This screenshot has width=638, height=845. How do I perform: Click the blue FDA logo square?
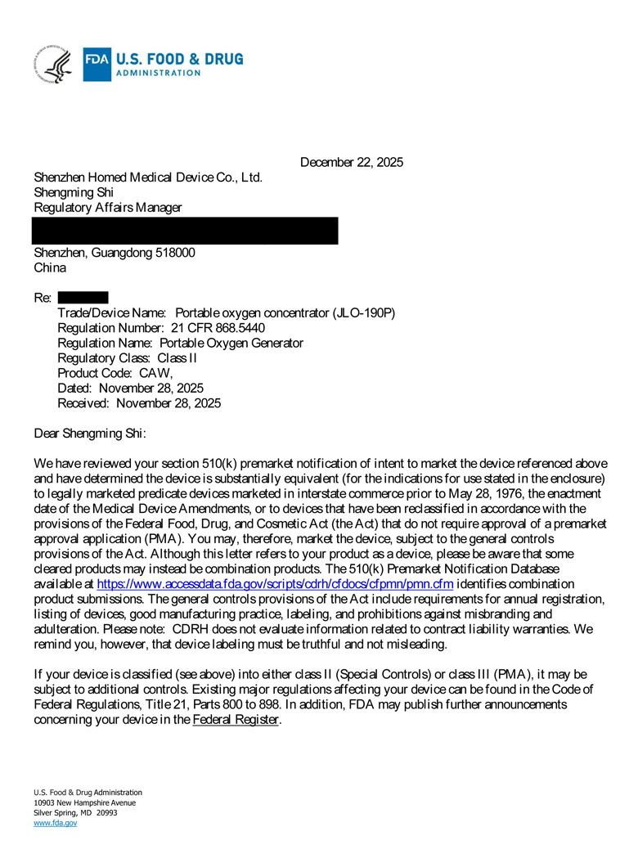96,65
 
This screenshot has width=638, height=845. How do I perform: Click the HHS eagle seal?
53,65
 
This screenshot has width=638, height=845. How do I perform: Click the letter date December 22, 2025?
351,163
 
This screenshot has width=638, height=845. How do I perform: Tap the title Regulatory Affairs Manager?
107,208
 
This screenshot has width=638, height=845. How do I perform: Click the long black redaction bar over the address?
185,231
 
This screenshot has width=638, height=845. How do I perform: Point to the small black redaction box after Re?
83,298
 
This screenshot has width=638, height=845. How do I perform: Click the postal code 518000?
174,253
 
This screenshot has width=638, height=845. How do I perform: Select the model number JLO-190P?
364,313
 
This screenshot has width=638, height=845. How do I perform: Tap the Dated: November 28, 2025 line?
130,388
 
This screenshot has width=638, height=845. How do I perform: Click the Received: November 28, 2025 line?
138,403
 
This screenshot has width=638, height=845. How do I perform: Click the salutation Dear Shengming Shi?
90,434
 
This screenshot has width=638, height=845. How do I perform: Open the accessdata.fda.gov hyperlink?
275,584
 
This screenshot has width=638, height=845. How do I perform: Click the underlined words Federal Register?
236,720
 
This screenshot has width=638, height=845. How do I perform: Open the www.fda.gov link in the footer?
55,823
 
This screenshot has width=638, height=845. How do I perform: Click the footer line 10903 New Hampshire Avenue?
84,802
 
